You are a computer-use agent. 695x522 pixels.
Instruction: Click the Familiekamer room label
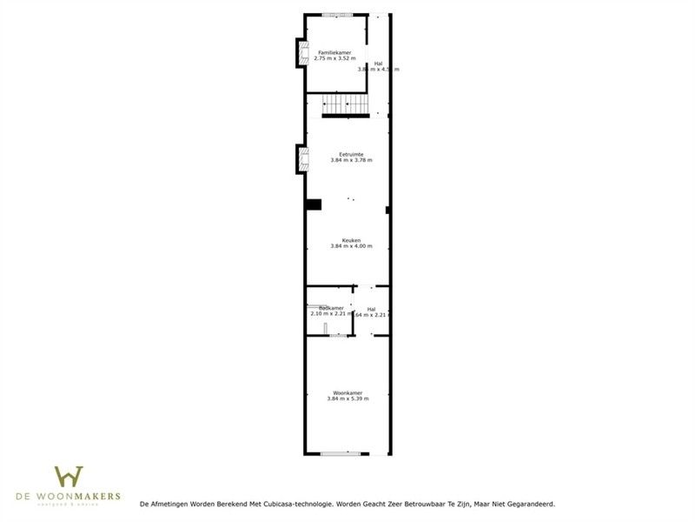[334, 52]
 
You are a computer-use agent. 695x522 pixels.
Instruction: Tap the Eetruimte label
[351, 154]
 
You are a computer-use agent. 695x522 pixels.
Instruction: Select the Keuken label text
[351, 240]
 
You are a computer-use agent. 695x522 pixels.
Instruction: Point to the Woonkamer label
[347, 392]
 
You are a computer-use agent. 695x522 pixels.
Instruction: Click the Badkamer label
[331, 308]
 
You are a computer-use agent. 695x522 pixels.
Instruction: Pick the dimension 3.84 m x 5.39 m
[347, 398]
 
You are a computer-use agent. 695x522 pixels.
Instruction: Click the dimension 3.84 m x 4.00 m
[351, 246]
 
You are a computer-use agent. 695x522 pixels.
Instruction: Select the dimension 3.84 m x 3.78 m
[351, 160]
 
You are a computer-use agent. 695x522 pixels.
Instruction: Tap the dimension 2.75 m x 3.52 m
[334, 58]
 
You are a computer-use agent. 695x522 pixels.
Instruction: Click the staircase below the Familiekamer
[347, 104]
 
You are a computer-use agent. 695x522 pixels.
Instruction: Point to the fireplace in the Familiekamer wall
[302, 54]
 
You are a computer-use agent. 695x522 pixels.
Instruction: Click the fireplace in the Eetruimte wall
[302, 159]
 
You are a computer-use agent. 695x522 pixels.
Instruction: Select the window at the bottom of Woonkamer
[338, 453]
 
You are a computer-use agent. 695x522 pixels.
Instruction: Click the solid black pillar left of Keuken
[313, 204]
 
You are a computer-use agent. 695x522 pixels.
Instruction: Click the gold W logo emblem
[69, 476]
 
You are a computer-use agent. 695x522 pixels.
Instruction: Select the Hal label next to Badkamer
[371, 309]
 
